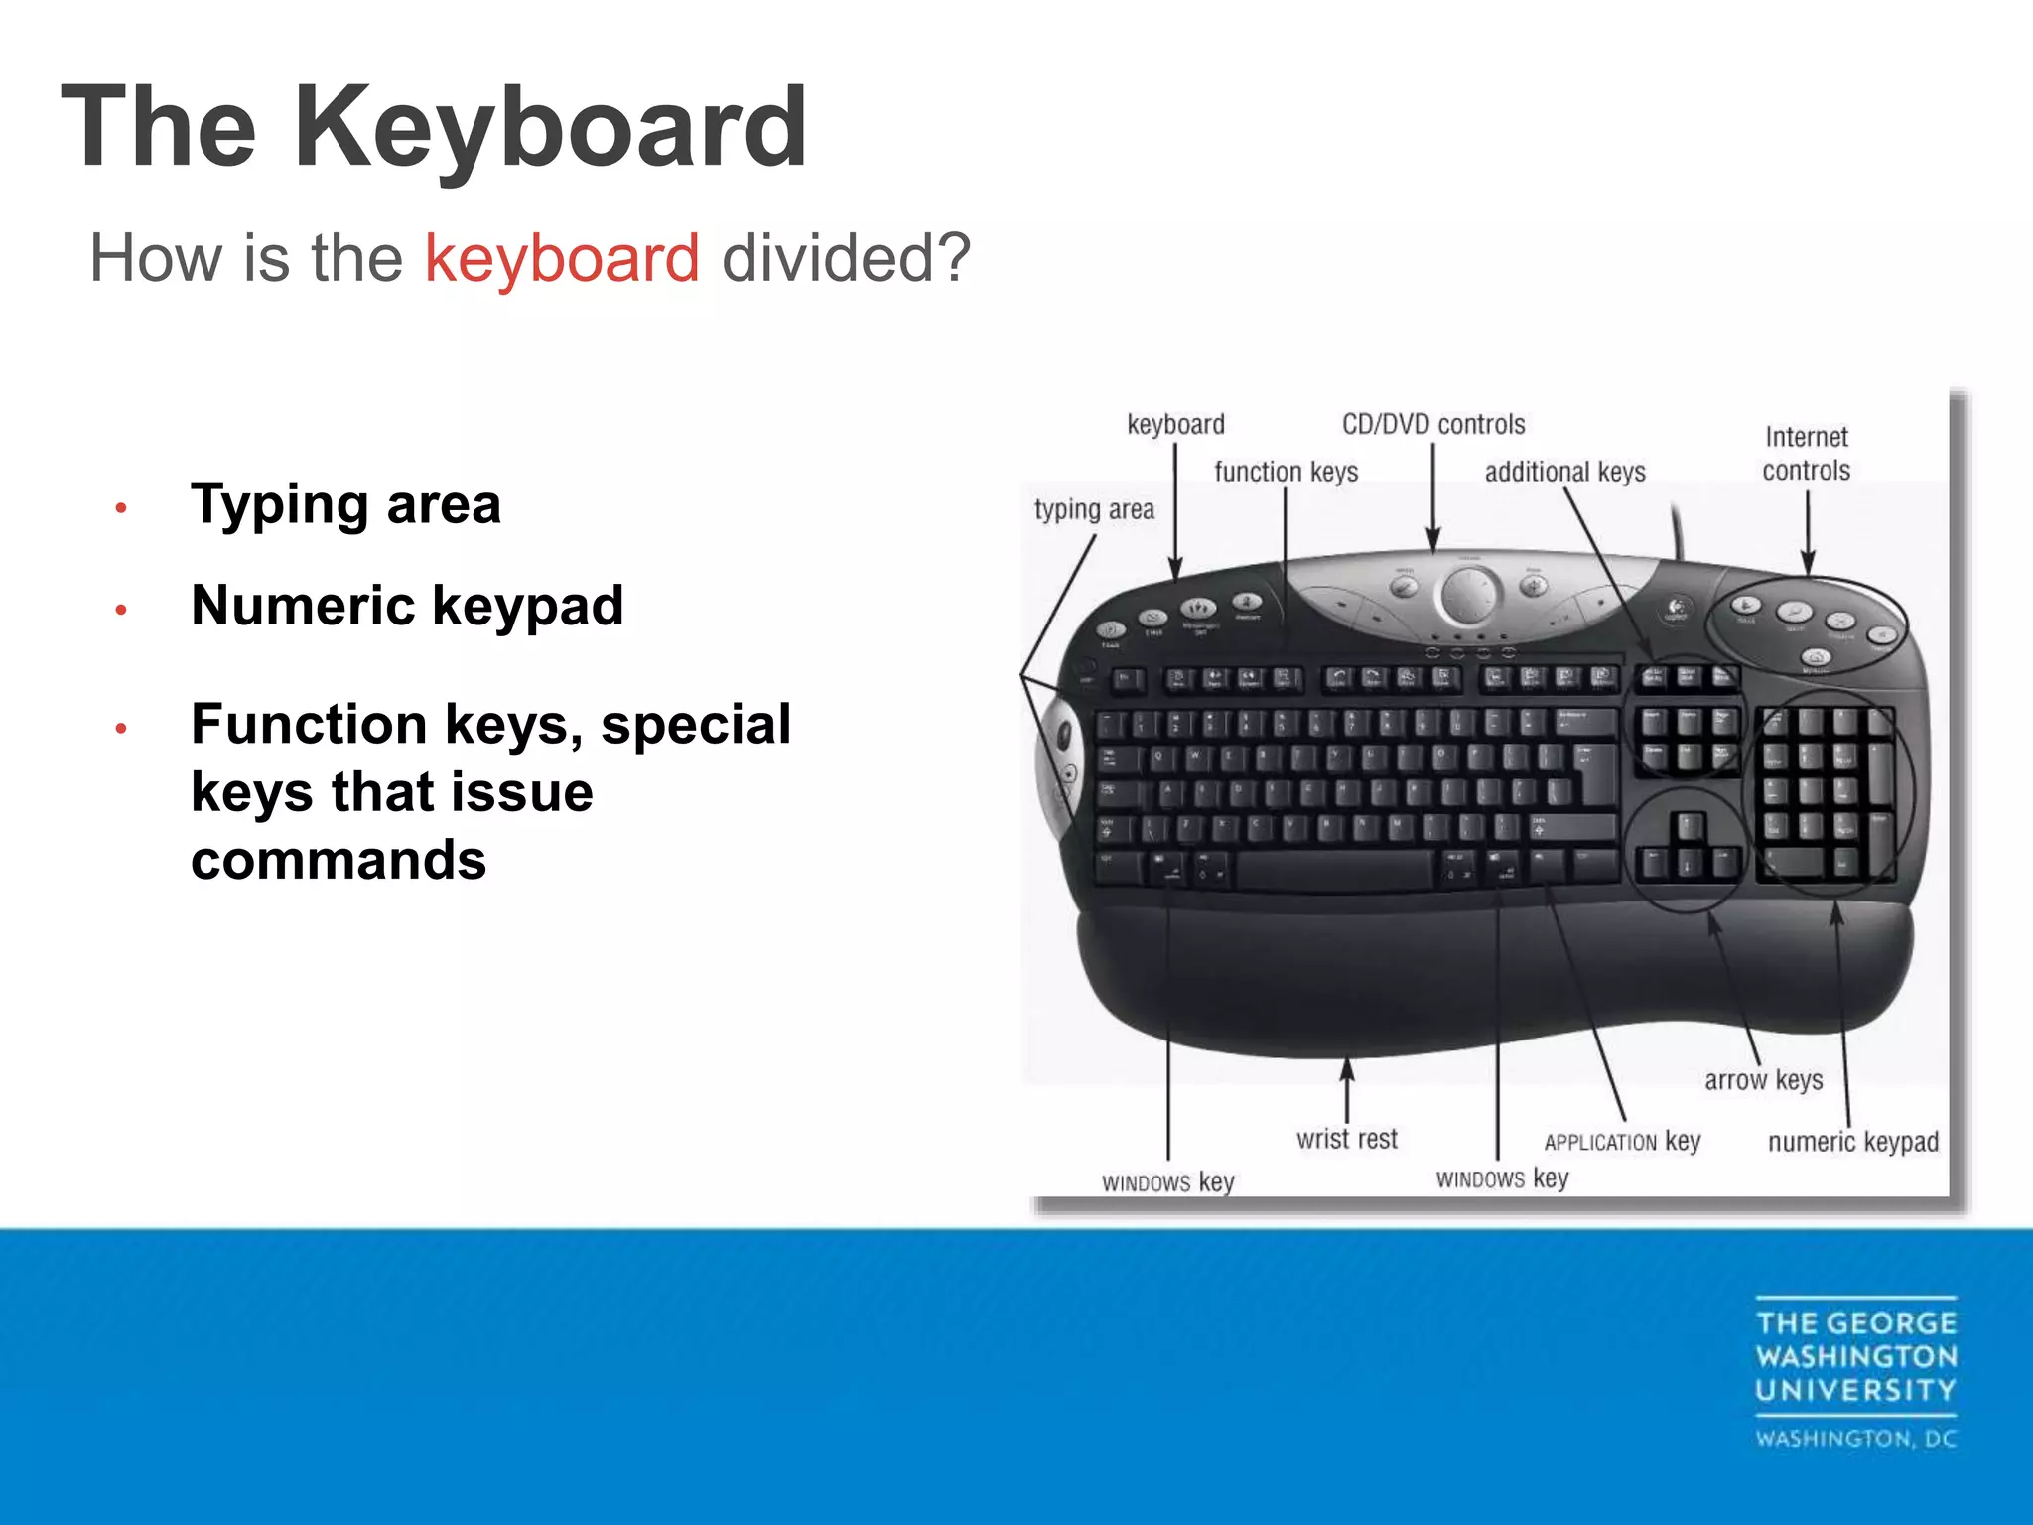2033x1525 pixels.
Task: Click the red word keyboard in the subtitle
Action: [x=562, y=258]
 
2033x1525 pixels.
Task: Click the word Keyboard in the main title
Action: [x=549, y=128]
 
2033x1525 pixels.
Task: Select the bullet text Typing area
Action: [x=345, y=504]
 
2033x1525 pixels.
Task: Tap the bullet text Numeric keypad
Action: [x=407, y=606]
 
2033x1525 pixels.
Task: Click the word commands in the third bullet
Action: [x=339, y=860]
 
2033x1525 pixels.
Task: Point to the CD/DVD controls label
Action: [x=1432, y=425]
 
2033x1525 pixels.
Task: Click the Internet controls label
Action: [x=1806, y=454]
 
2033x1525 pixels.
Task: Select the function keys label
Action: [x=1286, y=472]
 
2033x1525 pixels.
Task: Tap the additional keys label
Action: [x=1564, y=472]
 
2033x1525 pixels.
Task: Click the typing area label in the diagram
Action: [x=1094, y=510]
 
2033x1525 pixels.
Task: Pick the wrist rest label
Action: [x=1346, y=1139]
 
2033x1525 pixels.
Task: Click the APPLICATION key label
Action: [x=1622, y=1142]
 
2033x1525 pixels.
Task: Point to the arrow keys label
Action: [x=1763, y=1080]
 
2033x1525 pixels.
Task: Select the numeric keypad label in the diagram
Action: [x=1852, y=1142]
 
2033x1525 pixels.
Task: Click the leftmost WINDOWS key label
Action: [x=1167, y=1182]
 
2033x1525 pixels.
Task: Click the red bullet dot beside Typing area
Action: [x=121, y=508]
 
